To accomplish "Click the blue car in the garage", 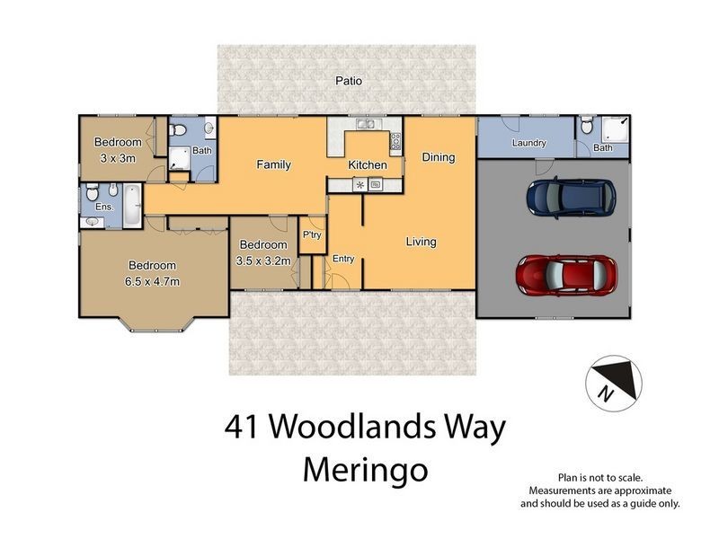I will point(571,196).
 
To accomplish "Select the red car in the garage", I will point(566,274).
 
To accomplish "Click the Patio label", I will point(349,81).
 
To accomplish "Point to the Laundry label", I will point(529,144).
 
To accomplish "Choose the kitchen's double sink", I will point(364,126).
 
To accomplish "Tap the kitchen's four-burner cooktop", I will point(395,142).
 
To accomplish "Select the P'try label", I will point(312,235).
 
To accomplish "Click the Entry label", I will point(343,259).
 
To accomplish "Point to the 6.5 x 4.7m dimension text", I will point(152,281).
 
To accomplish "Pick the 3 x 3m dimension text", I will point(118,158).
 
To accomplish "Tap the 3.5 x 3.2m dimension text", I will point(262,261).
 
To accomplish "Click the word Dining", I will point(439,157).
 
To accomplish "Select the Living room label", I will point(421,242).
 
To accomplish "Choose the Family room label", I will point(273,165).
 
